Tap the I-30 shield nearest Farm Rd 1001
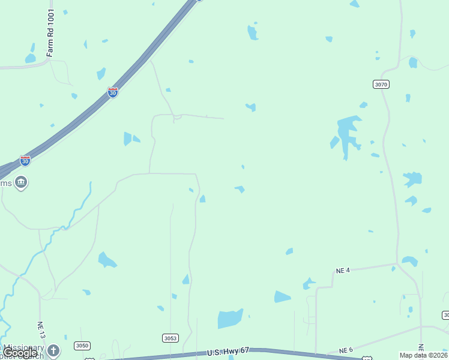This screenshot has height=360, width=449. tap(113, 92)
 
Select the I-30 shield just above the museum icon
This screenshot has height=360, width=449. tap(25, 160)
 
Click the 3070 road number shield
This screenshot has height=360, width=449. tap(381, 84)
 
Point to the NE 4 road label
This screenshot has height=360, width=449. tap(343, 271)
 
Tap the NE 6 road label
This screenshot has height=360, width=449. tap(346, 350)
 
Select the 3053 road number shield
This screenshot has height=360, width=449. tap(170, 338)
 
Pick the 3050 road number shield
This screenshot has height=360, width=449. tap(82, 346)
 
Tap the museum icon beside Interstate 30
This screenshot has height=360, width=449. tap(21, 182)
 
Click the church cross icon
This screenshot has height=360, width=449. tap(53, 350)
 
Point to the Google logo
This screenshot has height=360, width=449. tap(20, 353)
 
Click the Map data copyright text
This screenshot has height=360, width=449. tap(423, 355)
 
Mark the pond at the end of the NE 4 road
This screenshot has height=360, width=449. tap(410, 261)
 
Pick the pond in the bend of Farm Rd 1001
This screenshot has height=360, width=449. tap(30, 58)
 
